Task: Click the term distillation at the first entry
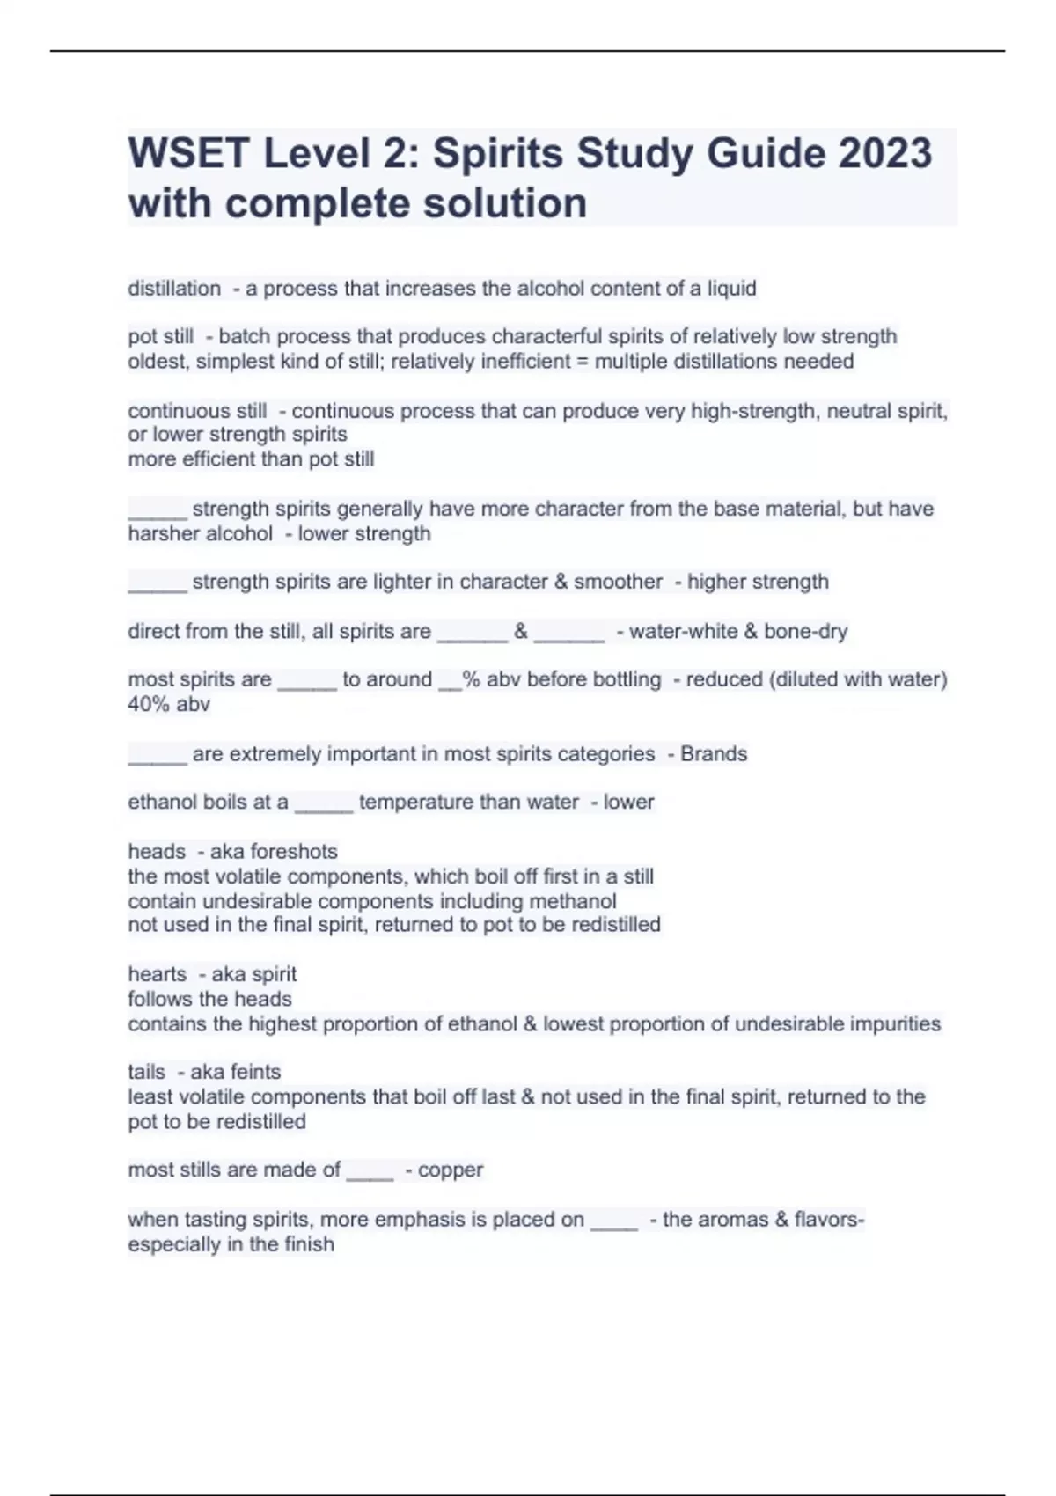coord(174,289)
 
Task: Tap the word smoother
coord(620,582)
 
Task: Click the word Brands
coord(714,753)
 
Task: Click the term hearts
coord(157,974)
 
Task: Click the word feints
coord(253,1072)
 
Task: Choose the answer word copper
coord(451,1170)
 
